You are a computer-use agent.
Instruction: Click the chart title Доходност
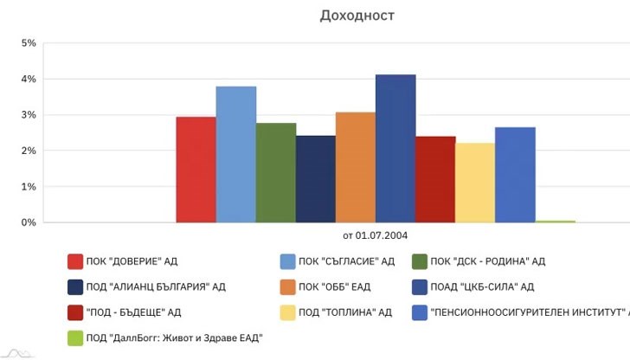click(357, 16)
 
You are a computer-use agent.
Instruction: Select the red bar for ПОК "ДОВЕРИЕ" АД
click(196, 170)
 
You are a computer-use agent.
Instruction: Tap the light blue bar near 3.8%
click(235, 154)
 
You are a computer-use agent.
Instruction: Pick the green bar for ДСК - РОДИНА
click(275, 173)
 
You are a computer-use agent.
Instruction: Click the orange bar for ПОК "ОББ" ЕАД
click(355, 167)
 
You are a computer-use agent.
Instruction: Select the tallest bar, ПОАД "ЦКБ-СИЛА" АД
click(395, 149)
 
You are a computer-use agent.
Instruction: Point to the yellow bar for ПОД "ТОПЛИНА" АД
click(475, 183)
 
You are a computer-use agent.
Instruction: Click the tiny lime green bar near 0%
click(555, 222)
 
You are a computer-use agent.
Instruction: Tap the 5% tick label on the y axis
click(28, 43)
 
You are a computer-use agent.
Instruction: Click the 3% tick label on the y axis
click(28, 115)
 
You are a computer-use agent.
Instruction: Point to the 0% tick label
click(28, 222)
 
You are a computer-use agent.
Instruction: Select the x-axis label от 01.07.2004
click(375, 235)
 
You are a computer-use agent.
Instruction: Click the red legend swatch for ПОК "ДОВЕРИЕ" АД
click(75, 261)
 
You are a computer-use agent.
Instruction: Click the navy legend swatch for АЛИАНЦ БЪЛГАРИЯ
click(75, 286)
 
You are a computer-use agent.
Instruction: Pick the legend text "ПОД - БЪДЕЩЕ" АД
click(133, 312)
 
